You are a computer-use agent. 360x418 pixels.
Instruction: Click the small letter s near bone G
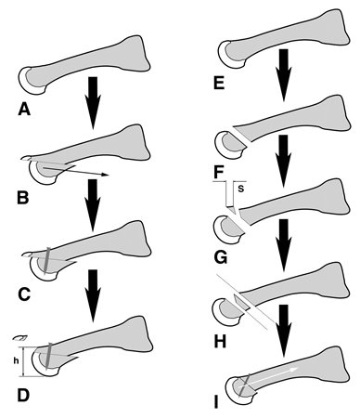pos(240,190)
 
